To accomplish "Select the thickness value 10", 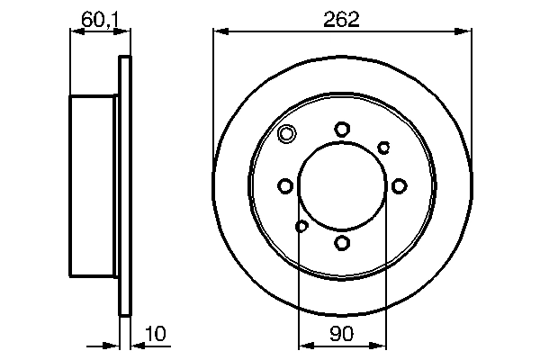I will (155, 334).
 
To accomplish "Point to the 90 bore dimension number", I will (341, 334).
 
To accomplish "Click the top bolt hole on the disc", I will (342, 130).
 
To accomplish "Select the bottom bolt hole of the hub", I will (342, 242).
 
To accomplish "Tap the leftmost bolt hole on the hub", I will (285, 186).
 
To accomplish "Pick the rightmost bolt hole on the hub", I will (398, 186).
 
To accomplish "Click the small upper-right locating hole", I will (383, 147).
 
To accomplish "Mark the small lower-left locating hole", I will (301, 226).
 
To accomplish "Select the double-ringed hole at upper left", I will (287, 135).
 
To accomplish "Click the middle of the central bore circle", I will (342, 186).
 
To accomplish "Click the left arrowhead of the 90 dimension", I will (303, 343).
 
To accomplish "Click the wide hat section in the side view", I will (93, 186).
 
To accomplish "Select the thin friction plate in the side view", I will (125, 186).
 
